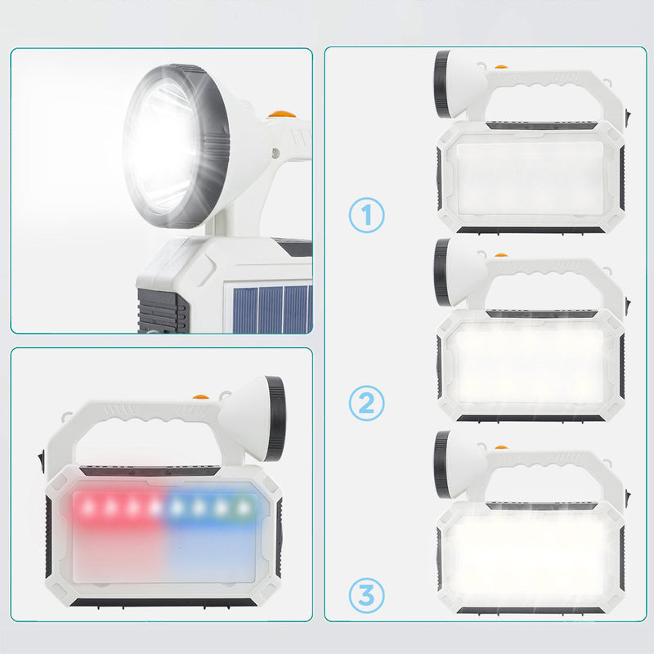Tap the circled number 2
[x=367, y=402]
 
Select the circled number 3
[x=367, y=594]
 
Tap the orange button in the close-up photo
[x=282, y=115]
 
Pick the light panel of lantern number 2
[x=530, y=362]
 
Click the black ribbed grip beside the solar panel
[x=162, y=310]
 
